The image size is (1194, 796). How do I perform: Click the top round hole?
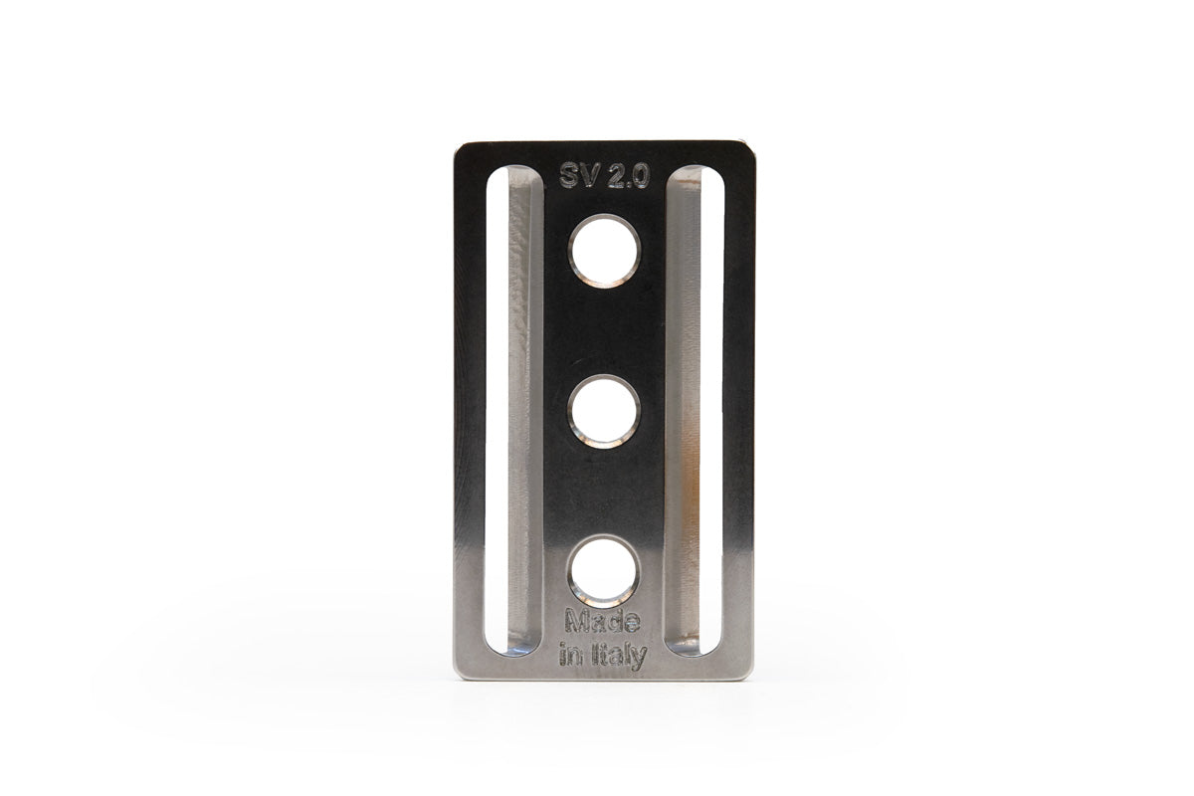click(x=604, y=251)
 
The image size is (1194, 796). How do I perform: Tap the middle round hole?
click(x=604, y=412)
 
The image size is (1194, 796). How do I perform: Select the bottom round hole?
click(x=604, y=572)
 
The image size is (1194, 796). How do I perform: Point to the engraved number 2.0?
click(x=629, y=176)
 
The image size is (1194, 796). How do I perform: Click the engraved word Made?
click(x=603, y=624)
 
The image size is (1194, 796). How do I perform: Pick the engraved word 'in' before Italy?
click(x=572, y=657)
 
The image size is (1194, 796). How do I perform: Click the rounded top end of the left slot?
click(x=513, y=177)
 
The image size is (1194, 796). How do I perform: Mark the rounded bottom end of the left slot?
click(x=513, y=647)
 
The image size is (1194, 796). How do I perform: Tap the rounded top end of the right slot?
click(x=695, y=177)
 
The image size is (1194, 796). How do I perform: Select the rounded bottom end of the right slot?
click(x=695, y=647)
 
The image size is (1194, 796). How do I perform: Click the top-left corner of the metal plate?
click(x=459, y=145)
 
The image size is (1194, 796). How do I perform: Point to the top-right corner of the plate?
click(x=748, y=145)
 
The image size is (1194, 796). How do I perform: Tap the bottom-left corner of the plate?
click(x=459, y=676)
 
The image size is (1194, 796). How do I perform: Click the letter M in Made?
click(x=576, y=624)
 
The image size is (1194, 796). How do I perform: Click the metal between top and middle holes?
click(x=604, y=331)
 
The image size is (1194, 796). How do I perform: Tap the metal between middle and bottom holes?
click(x=604, y=493)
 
